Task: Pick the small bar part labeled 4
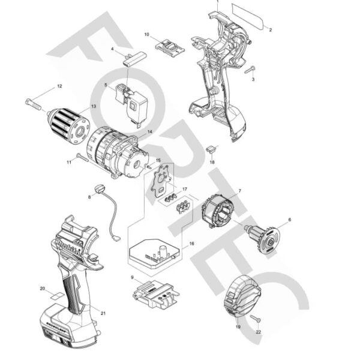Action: click(x=135, y=58)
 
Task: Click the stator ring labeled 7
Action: click(x=218, y=214)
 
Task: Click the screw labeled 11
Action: click(x=82, y=157)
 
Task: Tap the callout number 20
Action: click(x=42, y=289)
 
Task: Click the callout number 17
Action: click(x=185, y=188)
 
